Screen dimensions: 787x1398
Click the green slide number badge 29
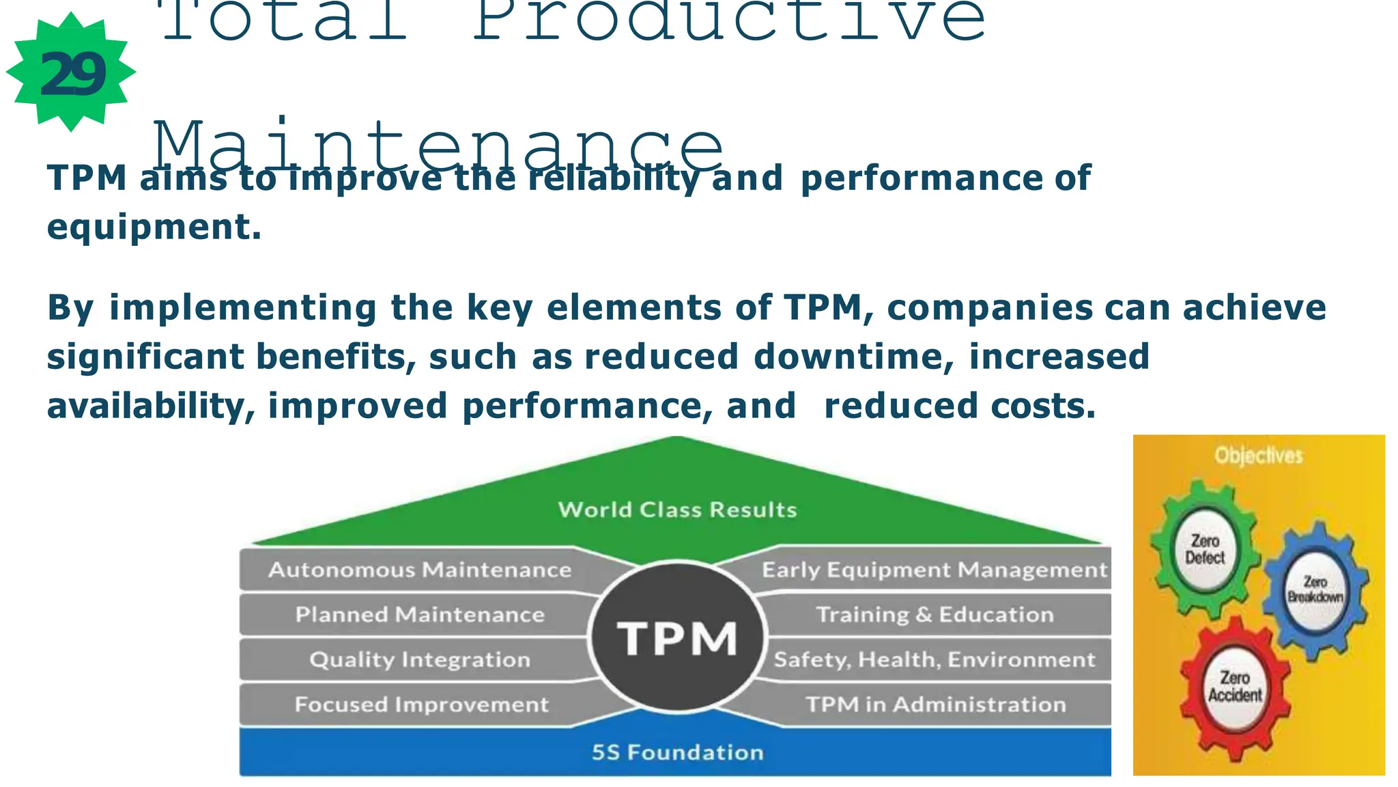[71, 72]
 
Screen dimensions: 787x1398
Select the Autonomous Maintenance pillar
[419, 570]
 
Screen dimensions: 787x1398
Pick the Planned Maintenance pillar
[419, 615]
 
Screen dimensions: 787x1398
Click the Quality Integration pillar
[419, 660]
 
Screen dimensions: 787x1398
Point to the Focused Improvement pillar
[420, 704]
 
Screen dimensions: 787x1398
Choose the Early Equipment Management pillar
[934, 570]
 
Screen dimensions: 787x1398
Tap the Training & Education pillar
[934, 615]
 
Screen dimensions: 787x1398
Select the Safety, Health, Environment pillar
[934, 660]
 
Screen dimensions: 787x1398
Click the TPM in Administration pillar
[935, 704]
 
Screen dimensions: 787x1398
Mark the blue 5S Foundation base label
[677, 752]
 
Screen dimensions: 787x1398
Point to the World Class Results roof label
[677, 510]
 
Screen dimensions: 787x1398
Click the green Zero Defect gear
[1205, 549]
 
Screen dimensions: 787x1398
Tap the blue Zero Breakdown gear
[1315, 590]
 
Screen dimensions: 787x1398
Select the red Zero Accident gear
[1235, 687]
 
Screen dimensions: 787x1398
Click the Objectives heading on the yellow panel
[1258, 456]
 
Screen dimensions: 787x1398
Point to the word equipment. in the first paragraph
[154, 227]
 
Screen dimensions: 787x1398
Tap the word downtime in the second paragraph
[853, 357]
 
